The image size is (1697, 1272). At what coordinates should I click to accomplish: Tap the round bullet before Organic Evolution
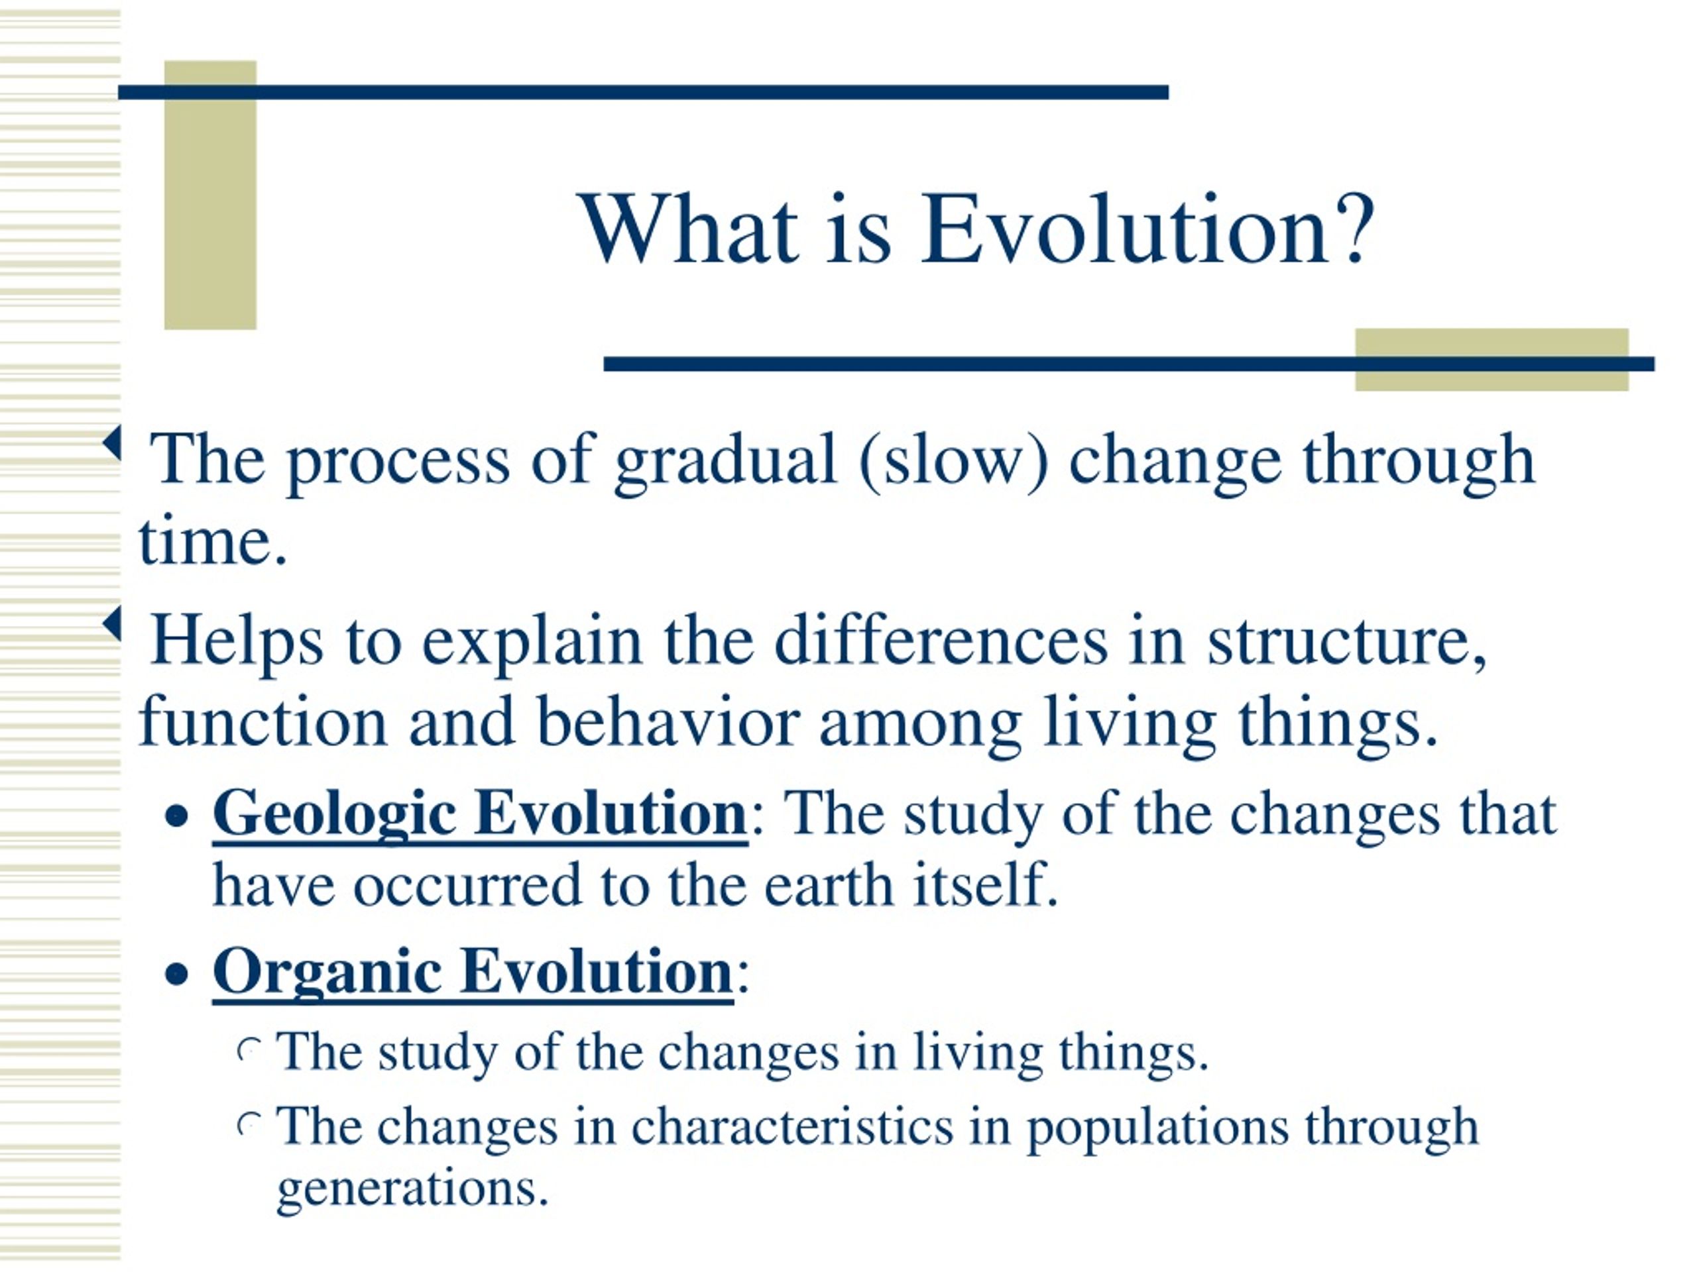tap(177, 975)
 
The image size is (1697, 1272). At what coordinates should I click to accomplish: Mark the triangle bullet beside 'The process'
tap(113, 443)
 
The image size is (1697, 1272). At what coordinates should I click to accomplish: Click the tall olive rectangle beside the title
tap(210, 195)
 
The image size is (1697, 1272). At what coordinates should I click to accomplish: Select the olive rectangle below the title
tap(1492, 360)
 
